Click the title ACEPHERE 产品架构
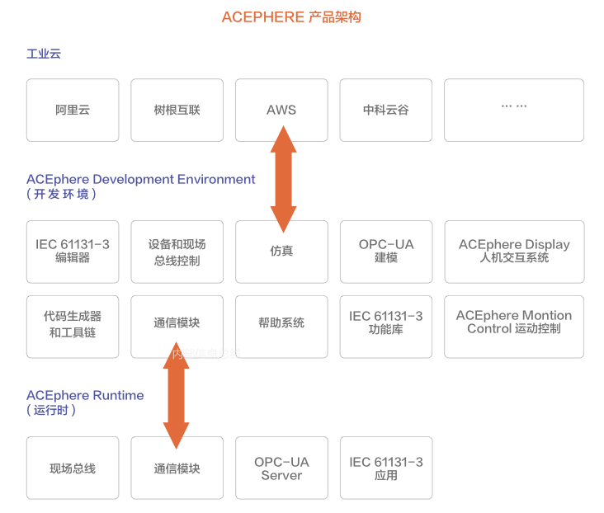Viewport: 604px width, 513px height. [x=291, y=17]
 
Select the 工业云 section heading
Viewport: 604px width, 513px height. [x=44, y=54]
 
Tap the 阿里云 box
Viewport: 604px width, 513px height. [x=73, y=110]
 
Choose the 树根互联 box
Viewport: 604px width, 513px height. [x=177, y=110]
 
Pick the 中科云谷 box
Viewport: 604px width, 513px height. [x=386, y=110]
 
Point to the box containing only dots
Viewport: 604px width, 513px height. [x=514, y=110]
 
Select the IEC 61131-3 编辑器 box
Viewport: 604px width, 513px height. [x=73, y=252]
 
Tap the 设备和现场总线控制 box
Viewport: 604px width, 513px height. [x=177, y=252]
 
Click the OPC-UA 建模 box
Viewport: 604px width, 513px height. [x=386, y=252]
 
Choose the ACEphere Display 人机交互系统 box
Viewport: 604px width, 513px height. [x=514, y=252]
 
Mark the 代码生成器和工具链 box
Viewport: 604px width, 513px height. [x=73, y=327]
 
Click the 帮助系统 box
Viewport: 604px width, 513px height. [x=281, y=327]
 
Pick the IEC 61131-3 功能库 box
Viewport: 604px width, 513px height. [x=386, y=327]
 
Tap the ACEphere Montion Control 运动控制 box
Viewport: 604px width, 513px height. [x=514, y=327]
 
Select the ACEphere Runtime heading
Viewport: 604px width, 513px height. [x=85, y=396]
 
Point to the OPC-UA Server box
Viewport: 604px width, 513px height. [x=281, y=468]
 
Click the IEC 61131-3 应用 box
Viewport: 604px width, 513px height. [x=386, y=468]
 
